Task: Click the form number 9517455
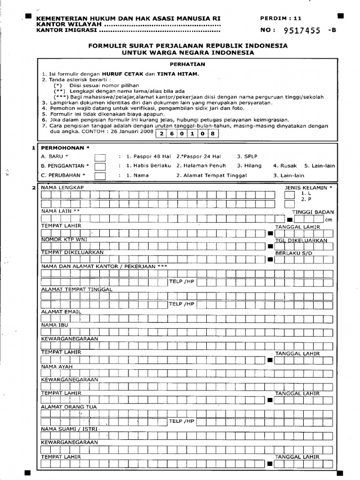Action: pyautogui.click(x=302, y=31)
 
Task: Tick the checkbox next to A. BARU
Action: pyautogui.click(x=100, y=157)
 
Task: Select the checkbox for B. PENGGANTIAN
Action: pyautogui.click(x=100, y=166)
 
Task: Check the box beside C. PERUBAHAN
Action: pyautogui.click(x=100, y=176)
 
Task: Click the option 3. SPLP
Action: pyautogui.click(x=247, y=156)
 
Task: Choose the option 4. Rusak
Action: pyautogui.click(x=285, y=165)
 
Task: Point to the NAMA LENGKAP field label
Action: pyautogui.click(x=62, y=187)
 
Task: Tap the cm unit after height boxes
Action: pyautogui.click(x=329, y=219)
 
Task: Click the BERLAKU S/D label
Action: pyautogui.click(x=293, y=253)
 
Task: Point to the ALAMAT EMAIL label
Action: pyautogui.click(x=61, y=312)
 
